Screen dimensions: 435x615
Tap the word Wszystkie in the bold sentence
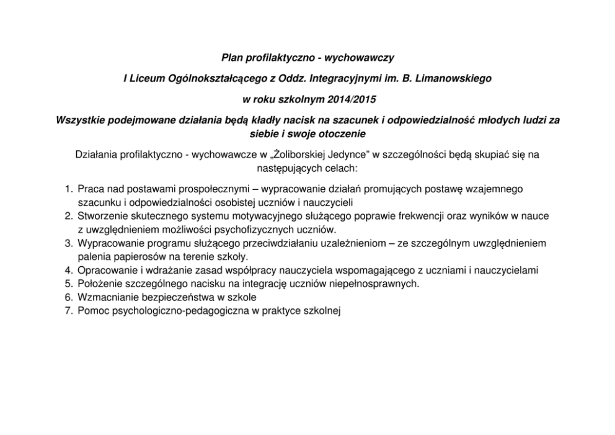point(81,120)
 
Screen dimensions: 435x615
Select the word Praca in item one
point(91,189)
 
